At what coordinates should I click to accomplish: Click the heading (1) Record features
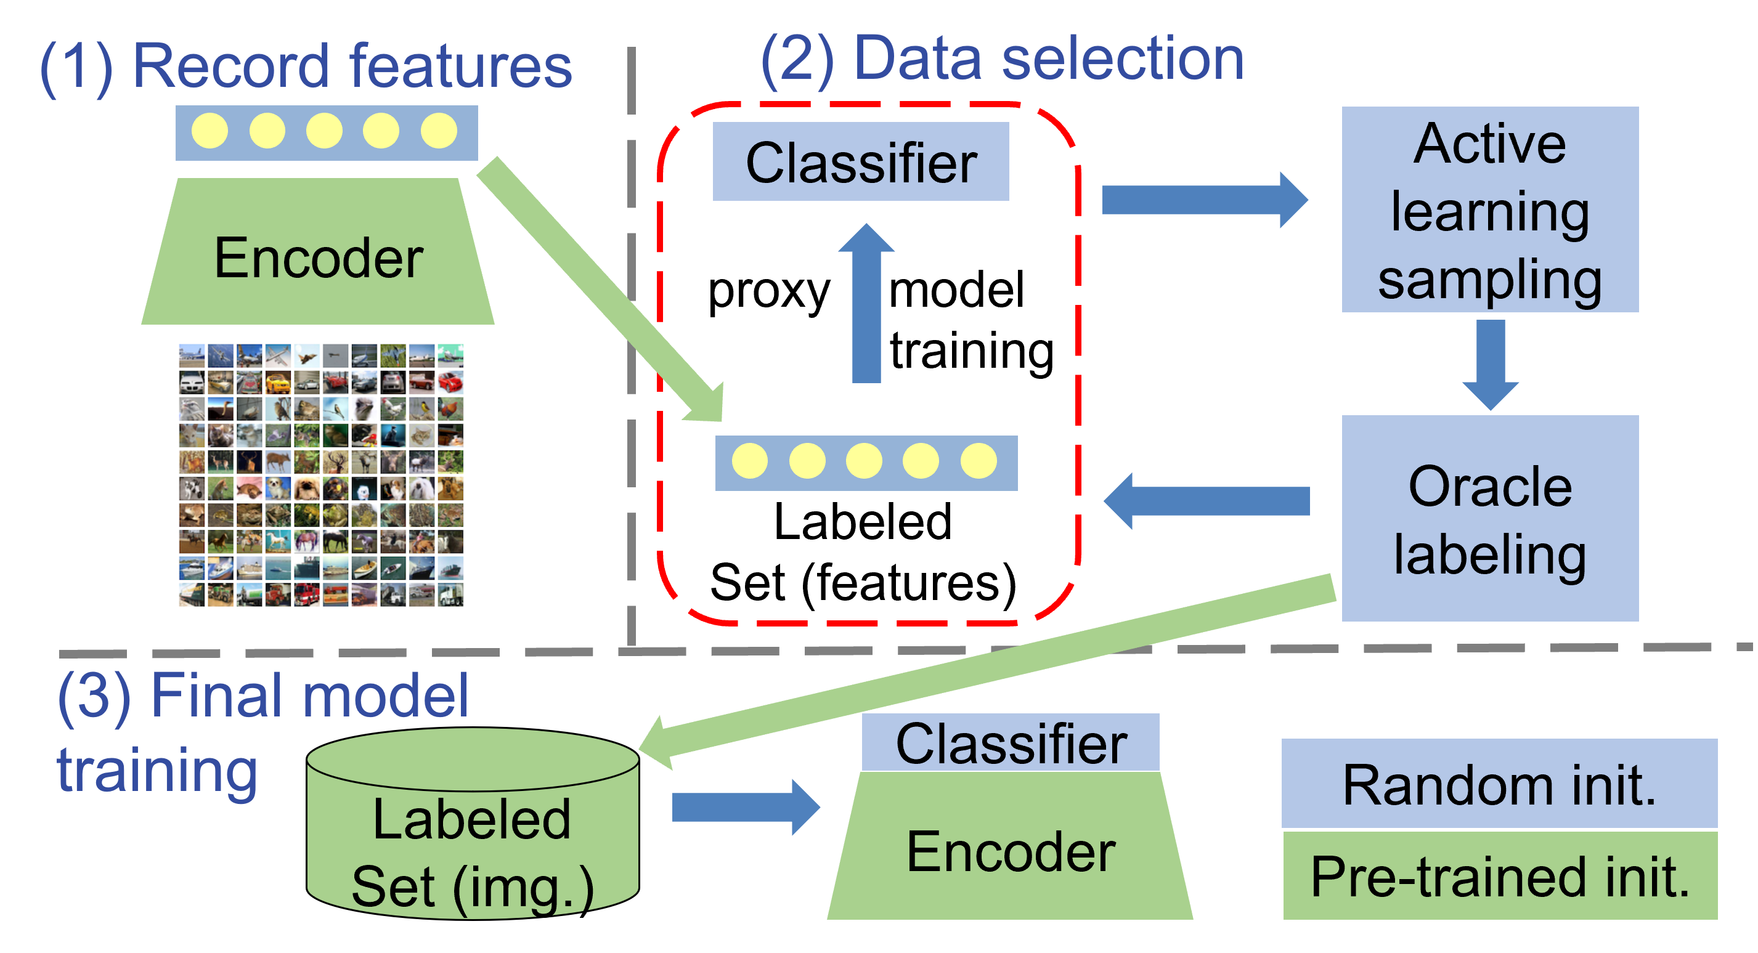[x=306, y=66]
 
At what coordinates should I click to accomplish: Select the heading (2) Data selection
[x=1001, y=59]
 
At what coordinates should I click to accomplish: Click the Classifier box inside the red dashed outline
[x=861, y=163]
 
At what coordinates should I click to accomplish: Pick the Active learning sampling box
[x=1490, y=209]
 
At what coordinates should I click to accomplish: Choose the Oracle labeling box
[x=1490, y=519]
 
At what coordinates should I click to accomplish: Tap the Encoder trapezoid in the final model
[x=1010, y=850]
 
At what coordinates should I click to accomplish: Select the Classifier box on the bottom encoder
[x=1010, y=743]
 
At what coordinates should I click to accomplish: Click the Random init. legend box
[x=1499, y=784]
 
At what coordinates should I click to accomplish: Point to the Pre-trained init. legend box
[x=1499, y=876]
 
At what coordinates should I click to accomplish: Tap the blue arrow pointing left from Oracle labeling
[x=1207, y=501]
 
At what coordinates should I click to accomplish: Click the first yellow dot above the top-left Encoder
[x=210, y=131]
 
